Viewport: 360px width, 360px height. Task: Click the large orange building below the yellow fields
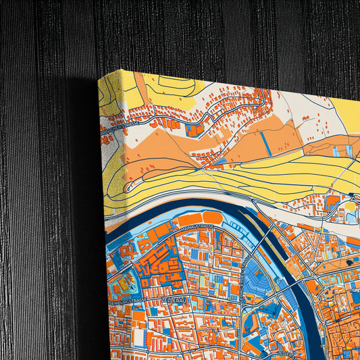[334, 201]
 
